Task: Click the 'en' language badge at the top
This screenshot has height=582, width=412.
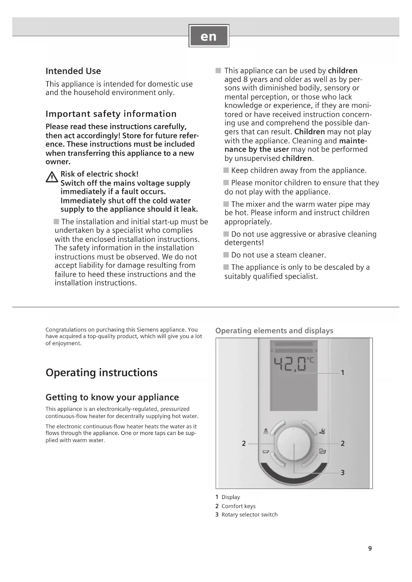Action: coord(209,36)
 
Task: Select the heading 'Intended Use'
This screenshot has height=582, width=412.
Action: coord(73,71)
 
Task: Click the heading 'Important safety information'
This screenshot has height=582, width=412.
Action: coord(111,114)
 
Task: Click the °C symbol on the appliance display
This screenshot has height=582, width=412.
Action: coord(310,360)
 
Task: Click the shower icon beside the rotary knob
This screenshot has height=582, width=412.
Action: coord(266,431)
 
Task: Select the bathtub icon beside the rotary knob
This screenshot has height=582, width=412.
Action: coord(266,452)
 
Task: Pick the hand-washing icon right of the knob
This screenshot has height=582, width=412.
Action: coord(322,431)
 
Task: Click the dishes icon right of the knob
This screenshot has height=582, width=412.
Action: coord(322,451)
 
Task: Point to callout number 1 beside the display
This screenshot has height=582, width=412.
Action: coord(343,373)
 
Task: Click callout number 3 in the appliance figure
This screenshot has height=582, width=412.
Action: coord(343,473)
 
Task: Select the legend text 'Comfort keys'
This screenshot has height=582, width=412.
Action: coord(238,506)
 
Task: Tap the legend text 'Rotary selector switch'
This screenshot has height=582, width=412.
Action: coord(249,515)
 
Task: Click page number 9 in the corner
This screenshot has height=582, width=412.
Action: coord(370,548)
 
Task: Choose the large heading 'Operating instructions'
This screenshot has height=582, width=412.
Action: coord(102,373)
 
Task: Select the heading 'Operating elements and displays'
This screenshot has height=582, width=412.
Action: coord(274,331)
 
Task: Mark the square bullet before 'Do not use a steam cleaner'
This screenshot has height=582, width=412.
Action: coord(226,255)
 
